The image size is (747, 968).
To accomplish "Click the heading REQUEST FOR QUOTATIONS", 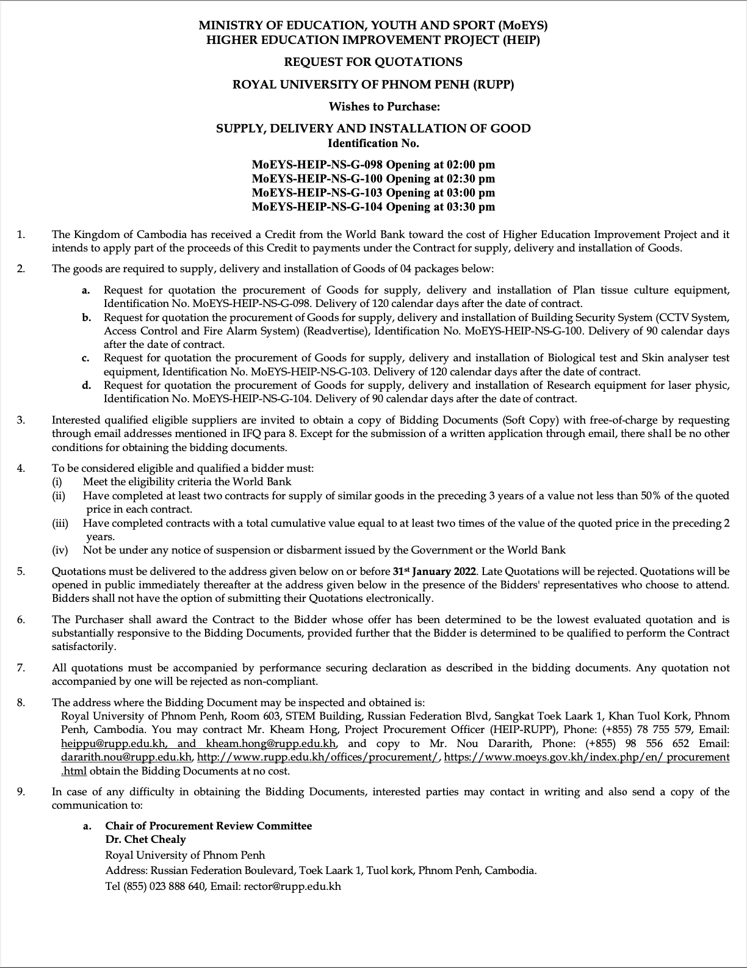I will [x=373, y=62].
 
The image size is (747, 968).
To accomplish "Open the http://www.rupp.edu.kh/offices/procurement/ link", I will [x=318, y=757].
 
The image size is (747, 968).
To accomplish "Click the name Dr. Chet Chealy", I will [x=145, y=839].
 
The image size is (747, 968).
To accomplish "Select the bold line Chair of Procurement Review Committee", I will [x=208, y=826].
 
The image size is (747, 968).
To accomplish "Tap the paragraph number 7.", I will [x=21, y=668].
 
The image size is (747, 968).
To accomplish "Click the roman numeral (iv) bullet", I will [x=60, y=550].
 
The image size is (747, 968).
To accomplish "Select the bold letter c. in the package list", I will [x=87, y=358].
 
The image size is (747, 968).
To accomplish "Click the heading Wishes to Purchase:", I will [x=384, y=107].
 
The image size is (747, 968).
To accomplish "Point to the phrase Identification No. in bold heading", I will [x=373, y=143].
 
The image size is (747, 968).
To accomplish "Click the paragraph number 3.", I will [x=21, y=420].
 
